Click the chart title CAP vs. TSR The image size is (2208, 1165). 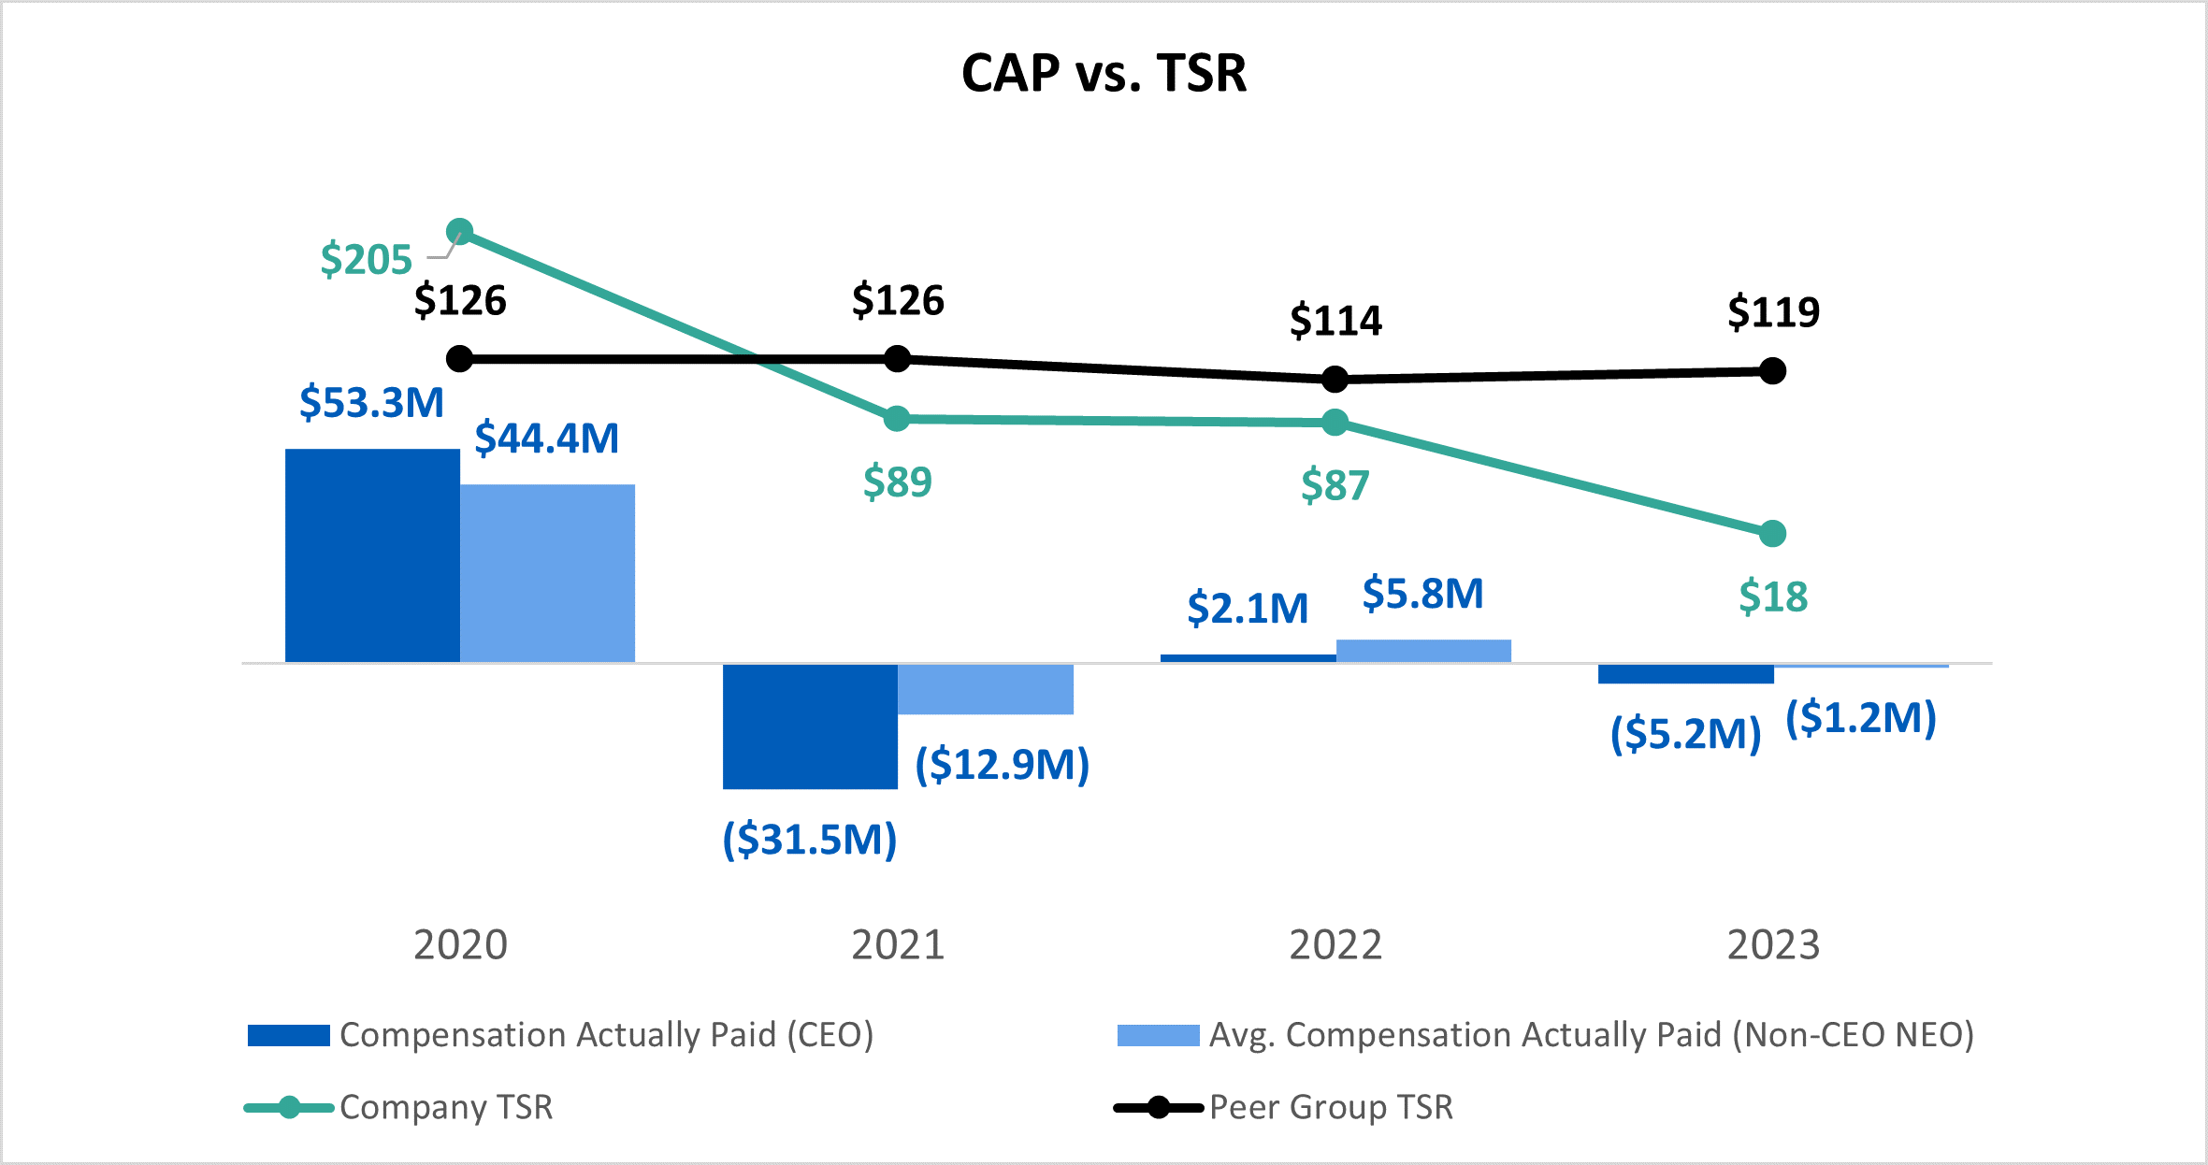[x=1104, y=73]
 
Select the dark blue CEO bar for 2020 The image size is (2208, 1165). [x=372, y=555]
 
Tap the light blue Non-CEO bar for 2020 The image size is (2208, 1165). [x=547, y=572]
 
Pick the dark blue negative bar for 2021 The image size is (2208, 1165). [x=810, y=726]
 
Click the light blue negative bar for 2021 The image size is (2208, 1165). [x=985, y=689]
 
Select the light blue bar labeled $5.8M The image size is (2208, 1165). [x=1423, y=651]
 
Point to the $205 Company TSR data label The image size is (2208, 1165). [x=366, y=259]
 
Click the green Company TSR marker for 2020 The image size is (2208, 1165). [x=459, y=231]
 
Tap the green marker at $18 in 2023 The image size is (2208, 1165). [x=1772, y=534]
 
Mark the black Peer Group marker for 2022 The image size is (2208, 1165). [x=1335, y=379]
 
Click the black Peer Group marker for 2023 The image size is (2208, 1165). [x=1772, y=371]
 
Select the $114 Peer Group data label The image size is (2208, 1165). [x=1335, y=321]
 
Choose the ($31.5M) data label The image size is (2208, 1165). [x=810, y=839]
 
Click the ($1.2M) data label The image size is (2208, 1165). [x=1861, y=718]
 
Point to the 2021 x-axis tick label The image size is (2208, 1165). [x=898, y=944]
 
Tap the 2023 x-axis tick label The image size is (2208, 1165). [x=1773, y=944]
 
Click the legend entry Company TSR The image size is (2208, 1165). [x=446, y=1107]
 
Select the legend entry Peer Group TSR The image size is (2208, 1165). [x=1331, y=1107]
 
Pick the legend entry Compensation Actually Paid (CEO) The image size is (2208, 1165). [x=606, y=1035]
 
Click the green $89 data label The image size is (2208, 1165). [x=897, y=482]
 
